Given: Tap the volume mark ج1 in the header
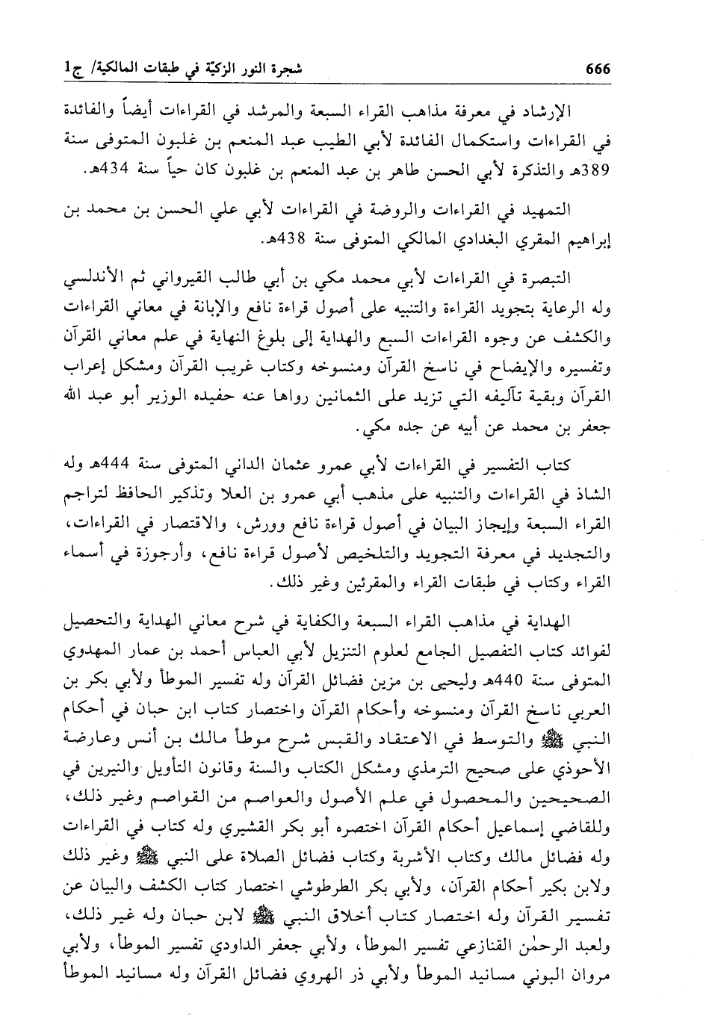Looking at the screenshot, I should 78,69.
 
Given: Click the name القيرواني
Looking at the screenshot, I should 201,280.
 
